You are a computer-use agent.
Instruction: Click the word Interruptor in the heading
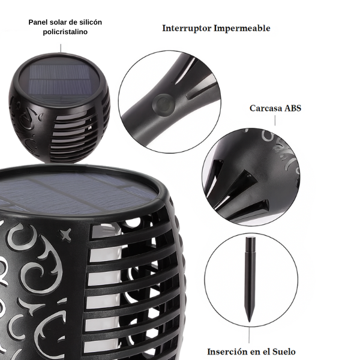click(187, 28)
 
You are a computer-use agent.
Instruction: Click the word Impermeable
click(242, 28)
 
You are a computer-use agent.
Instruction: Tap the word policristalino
click(65, 32)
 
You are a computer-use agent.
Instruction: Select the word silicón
click(91, 22)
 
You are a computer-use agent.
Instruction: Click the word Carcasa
click(266, 108)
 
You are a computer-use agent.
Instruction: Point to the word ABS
click(293, 108)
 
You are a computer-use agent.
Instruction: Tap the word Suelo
click(284, 352)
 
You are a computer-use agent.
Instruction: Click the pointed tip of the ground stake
click(249, 322)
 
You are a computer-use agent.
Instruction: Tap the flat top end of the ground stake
click(250, 238)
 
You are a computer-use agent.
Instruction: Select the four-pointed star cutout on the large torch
click(65, 235)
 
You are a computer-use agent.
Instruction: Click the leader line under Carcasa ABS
click(275, 121)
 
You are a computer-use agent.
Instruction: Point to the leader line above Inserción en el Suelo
click(249, 335)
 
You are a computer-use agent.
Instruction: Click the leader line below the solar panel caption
click(61, 48)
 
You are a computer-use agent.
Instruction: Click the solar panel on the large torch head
click(76, 192)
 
